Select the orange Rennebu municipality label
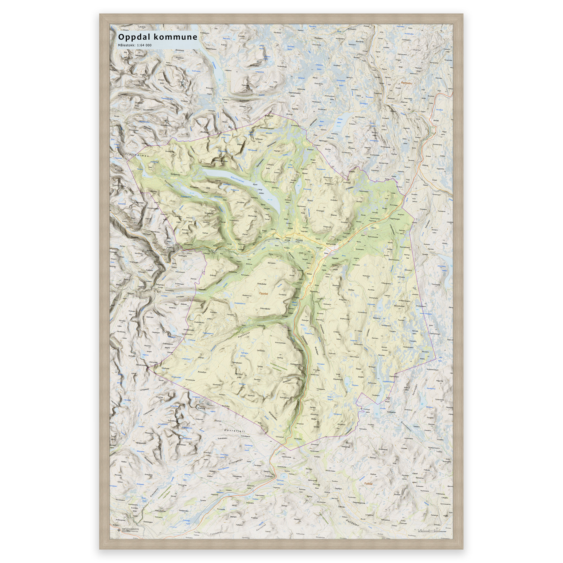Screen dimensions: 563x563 coord(407,83)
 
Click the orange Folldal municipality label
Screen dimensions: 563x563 coord(368,484)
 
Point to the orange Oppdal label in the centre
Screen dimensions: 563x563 coord(263,294)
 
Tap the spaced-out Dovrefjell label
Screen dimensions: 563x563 coord(235,431)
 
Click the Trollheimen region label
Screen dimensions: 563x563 coord(137,155)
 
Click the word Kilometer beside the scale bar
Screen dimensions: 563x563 coord(443,531)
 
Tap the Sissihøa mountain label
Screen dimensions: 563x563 coord(336,286)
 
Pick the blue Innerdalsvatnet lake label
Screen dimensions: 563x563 coord(442,268)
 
